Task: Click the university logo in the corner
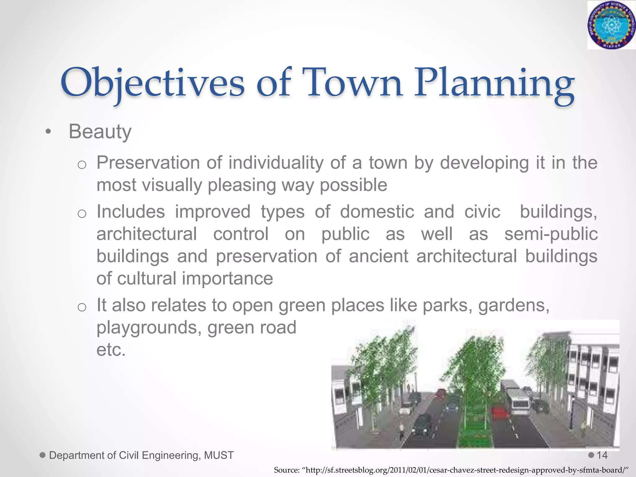point(611,25)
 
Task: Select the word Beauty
point(100,132)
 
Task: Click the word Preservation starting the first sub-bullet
point(148,162)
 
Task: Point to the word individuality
point(276,163)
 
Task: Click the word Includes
point(130,212)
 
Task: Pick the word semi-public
point(551,234)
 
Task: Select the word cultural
point(147,278)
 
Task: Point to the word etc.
point(111,350)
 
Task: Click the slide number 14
point(602,455)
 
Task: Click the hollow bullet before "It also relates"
point(82,307)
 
